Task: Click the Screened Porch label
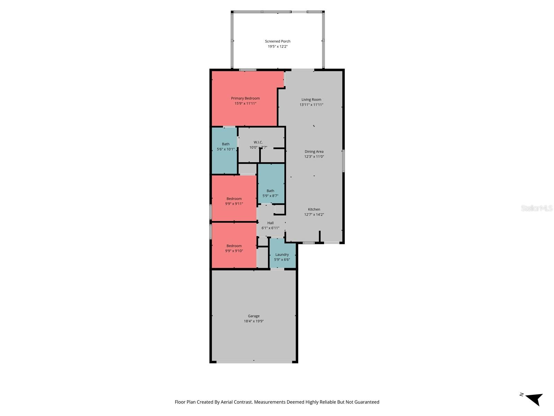(277, 41)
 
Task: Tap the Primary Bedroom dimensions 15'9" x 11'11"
(245, 103)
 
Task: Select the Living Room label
(311, 99)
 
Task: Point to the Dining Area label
(314, 151)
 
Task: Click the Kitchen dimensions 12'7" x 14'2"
(314, 215)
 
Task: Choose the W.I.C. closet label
(258, 142)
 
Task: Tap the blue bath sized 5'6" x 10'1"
(224, 151)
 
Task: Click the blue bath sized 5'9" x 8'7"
(271, 184)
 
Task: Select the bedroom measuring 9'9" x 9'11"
(234, 198)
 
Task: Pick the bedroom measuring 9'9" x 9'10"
(234, 245)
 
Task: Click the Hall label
(270, 223)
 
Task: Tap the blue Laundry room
(283, 253)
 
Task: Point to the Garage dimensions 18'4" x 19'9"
(254, 321)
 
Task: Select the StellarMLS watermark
(537, 208)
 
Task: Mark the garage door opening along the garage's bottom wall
(254, 362)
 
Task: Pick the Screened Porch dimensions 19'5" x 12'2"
(278, 46)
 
